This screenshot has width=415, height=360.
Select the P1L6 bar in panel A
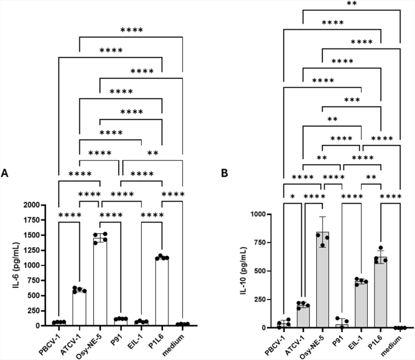[161, 292]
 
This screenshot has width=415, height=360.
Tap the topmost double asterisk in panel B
[351, 4]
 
